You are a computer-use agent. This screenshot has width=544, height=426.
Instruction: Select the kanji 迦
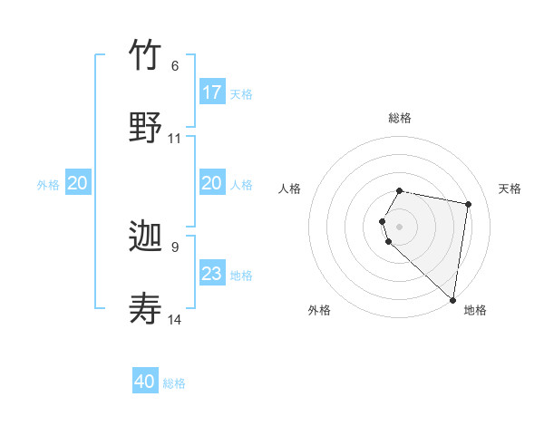coord(146,239)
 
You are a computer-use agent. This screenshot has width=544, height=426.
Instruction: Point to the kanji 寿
coord(146,309)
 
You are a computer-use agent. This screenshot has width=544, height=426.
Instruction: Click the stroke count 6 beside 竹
coord(175,66)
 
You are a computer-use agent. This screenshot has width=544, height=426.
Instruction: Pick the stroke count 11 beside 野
coord(175,139)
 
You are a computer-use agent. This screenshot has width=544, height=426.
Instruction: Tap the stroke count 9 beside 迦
coord(175,247)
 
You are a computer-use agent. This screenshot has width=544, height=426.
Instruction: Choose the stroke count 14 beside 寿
coord(175,320)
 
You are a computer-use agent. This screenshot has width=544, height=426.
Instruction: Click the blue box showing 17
coord(212,92)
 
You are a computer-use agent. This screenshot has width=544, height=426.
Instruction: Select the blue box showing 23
coord(212,274)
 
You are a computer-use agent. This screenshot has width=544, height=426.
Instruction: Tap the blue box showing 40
coord(145,382)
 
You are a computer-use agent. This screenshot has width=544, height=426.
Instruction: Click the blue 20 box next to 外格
coord(78,183)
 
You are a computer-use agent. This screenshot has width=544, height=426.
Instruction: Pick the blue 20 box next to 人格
coord(212,183)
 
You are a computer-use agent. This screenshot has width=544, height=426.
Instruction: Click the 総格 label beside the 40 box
coord(174,383)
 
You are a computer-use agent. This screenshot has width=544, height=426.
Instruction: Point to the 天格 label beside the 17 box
coord(241,94)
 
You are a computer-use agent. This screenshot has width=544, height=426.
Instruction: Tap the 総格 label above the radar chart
coord(400,118)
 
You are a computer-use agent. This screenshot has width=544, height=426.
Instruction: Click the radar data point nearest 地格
coord(452,299)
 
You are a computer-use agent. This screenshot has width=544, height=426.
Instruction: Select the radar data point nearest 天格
coord(468,205)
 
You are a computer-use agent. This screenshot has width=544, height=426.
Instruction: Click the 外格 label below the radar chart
coord(319,311)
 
